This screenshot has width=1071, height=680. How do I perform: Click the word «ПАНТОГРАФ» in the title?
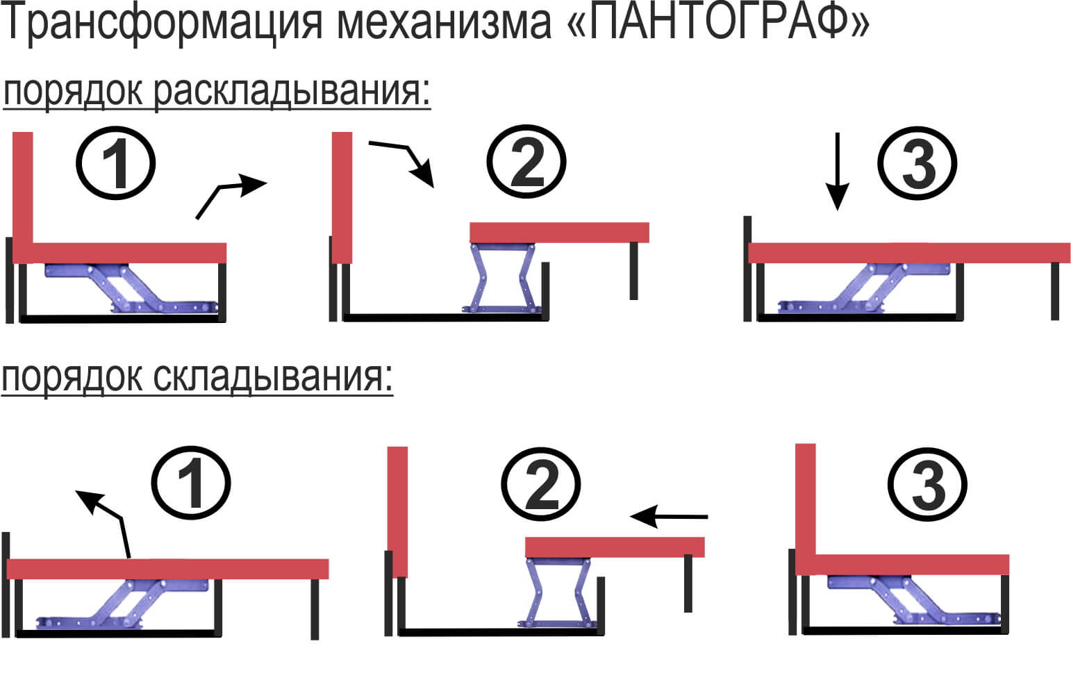point(718,22)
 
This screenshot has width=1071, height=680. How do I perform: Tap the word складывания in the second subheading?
point(273,378)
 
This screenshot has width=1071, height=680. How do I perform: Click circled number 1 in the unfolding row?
point(116,163)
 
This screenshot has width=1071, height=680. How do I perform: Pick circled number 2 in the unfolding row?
point(526,162)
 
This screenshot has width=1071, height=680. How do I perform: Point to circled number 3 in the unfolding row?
point(918,163)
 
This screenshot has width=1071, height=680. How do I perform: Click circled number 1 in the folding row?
point(191,483)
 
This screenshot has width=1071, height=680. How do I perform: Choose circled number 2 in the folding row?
point(541,485)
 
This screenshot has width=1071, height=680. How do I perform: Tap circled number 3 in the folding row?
point(927,485)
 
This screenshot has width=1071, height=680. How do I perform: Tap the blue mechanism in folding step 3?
point(914,601)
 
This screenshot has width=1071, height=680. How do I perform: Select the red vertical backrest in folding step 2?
point(397,512)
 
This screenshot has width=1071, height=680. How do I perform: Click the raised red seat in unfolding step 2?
point(559,233)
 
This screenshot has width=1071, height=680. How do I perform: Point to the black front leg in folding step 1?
point(315,609)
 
